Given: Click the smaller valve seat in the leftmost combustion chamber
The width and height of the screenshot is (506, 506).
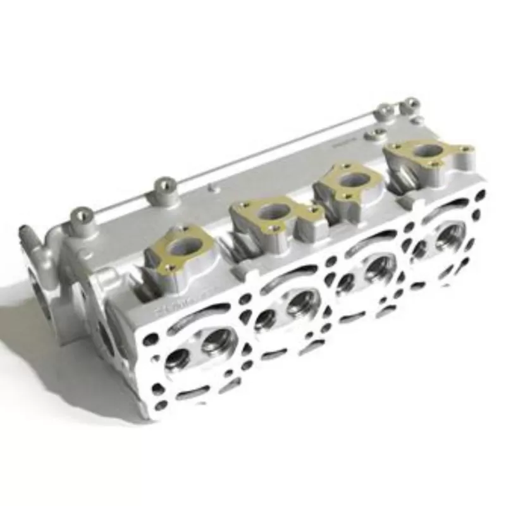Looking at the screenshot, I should pos(179,360).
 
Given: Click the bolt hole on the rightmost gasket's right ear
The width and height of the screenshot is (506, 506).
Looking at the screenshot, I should pos(465,149).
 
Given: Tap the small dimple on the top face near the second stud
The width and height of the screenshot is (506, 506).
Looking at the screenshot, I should pos(211,187).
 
